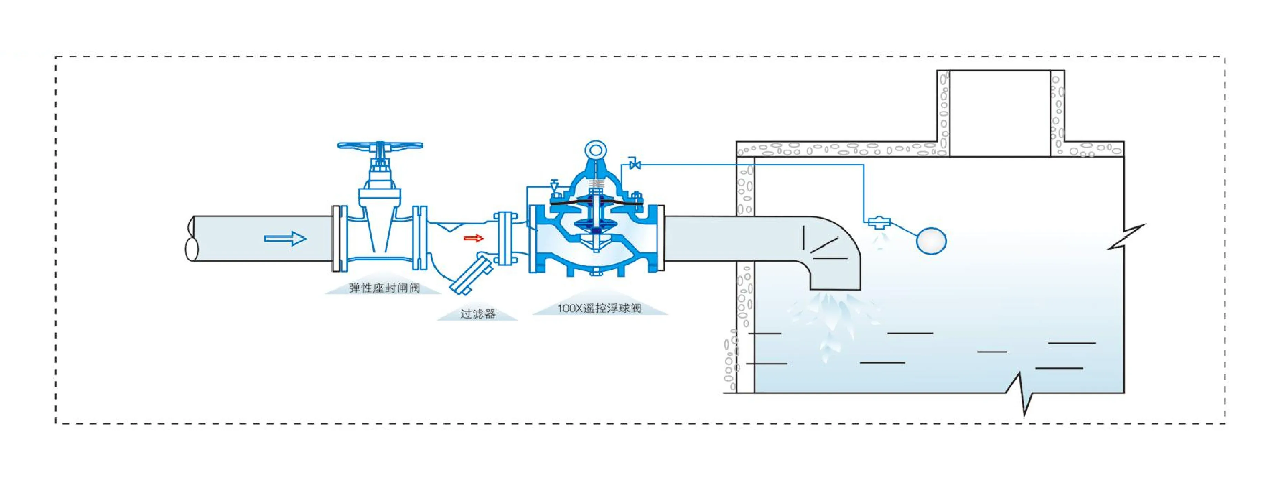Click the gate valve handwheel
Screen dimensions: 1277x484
(380, 146)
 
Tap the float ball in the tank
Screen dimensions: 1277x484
(931, 241)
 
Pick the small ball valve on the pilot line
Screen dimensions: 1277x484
(634, 164)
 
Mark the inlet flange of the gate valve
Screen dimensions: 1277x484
(337, 239)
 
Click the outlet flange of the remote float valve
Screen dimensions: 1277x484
(660, 239)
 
